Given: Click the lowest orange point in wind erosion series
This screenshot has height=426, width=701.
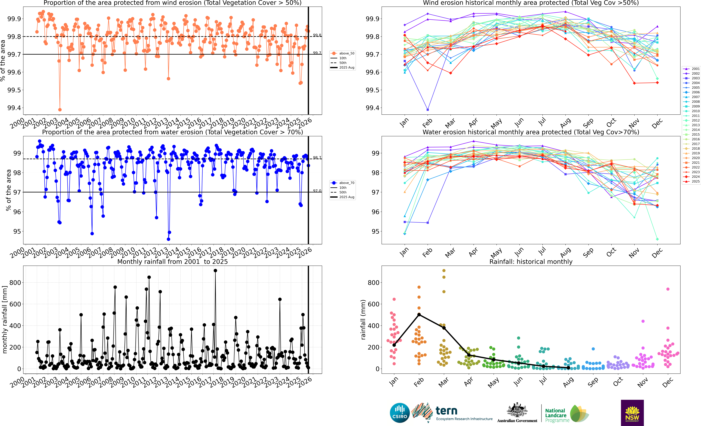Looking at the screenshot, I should point(60,110).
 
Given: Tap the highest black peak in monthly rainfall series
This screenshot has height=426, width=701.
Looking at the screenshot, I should point(215,271).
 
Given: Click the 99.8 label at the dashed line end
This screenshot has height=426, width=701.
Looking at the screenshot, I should point(317,35).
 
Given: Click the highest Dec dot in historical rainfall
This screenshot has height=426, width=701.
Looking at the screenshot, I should point(668,289).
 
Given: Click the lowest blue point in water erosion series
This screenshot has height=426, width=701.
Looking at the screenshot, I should point(168,239).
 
